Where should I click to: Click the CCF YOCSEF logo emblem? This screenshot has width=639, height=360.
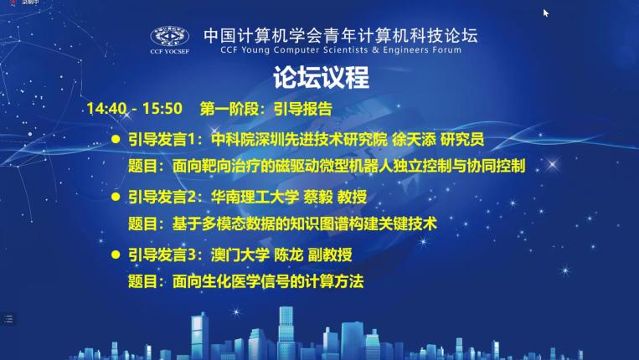tap(169, 37)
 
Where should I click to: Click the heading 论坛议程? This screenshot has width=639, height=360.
tap(321, 77)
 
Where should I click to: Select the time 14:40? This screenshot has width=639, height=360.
tap(106, 109)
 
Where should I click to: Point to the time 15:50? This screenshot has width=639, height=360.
tap(162, 109)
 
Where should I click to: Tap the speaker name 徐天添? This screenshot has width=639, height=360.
tap(414, 140)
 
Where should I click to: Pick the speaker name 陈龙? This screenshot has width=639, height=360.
tap(289, 255)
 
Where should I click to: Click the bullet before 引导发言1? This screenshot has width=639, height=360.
tap(116, 140)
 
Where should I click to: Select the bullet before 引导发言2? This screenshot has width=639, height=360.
tap(116, 197)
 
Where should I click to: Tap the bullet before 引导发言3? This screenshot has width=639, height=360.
tap(116, 255)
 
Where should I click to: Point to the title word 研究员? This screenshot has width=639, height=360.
tap(462, 140)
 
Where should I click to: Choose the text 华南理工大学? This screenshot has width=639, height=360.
tap(255, 197)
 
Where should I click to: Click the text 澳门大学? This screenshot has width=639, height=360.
tap(240, 255)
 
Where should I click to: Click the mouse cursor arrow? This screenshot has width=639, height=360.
tap(546, 13)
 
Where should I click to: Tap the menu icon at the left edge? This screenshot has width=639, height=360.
tap(8, 319)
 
